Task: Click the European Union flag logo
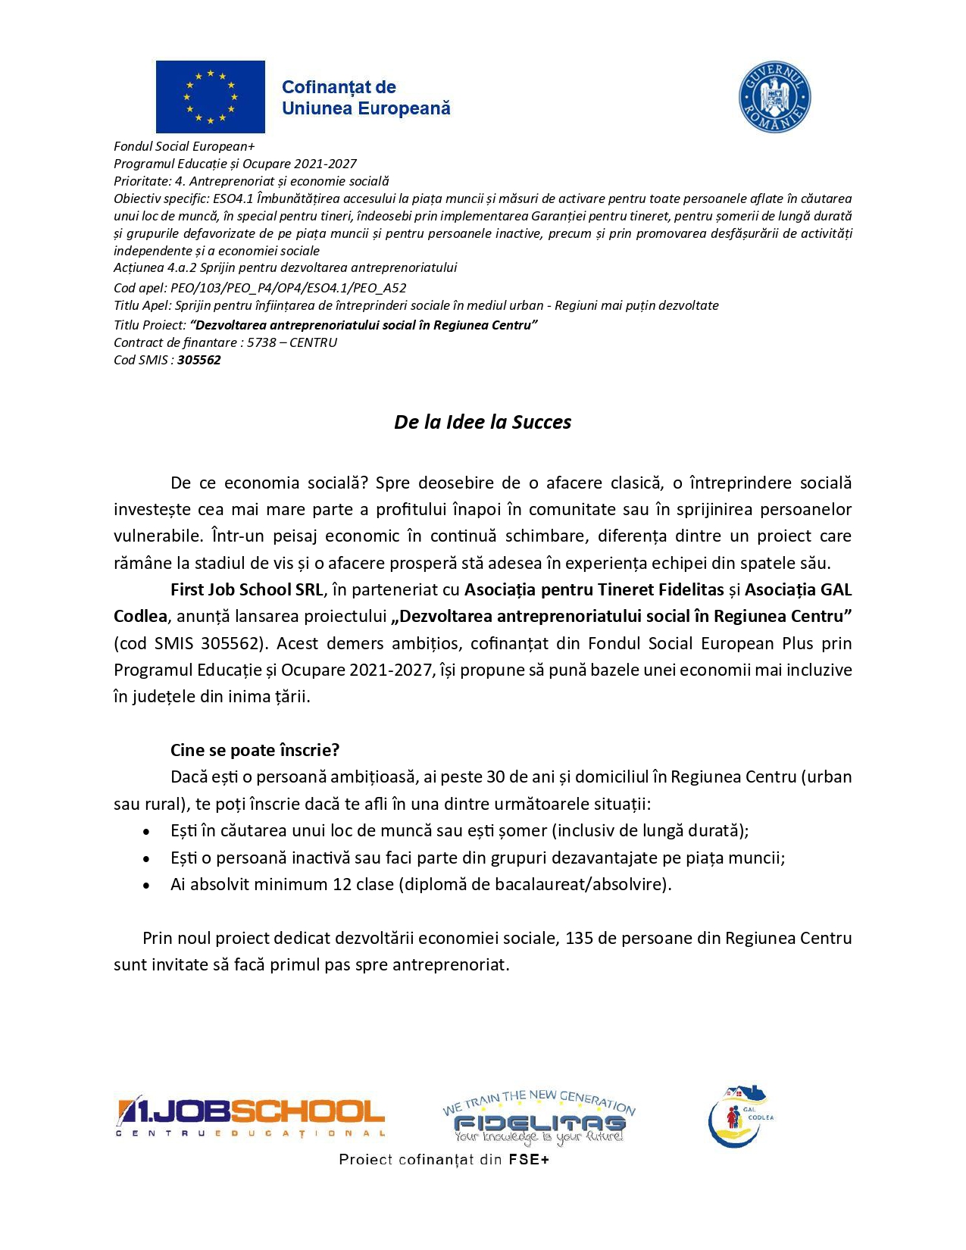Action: point(210,97)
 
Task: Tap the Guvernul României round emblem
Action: point(774,98)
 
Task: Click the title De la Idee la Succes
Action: point(483,422)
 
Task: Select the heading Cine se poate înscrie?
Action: point(255,750)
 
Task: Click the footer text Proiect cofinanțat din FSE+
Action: point(443,1159)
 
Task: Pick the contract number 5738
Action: point(261,342)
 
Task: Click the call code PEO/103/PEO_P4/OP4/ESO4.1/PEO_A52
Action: point(289,288)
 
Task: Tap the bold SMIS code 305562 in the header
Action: point(199,360)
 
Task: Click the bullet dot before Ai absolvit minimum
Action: point(146,885)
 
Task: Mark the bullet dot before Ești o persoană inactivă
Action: point(146,858)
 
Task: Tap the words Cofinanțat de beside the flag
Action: point(339,87)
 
